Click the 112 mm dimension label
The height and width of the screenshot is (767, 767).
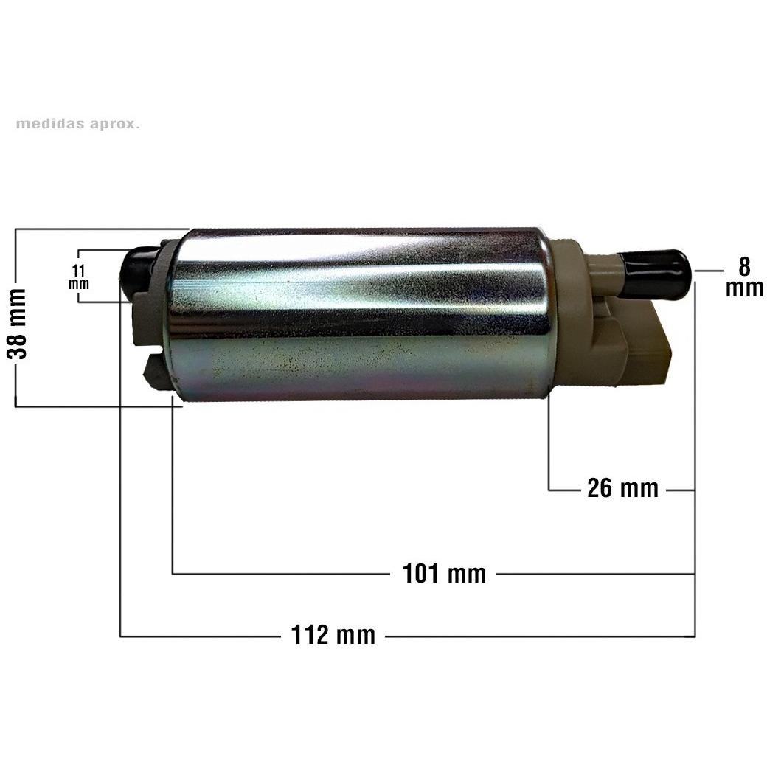click(333, 635)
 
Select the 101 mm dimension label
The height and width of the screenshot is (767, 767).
click(444, 573)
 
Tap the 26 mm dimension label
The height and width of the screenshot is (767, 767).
click(622, 488)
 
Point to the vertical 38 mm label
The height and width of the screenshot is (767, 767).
click(17, 324)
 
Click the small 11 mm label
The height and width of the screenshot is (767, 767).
click(79, 277)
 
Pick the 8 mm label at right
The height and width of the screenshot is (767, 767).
click(744, 277)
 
